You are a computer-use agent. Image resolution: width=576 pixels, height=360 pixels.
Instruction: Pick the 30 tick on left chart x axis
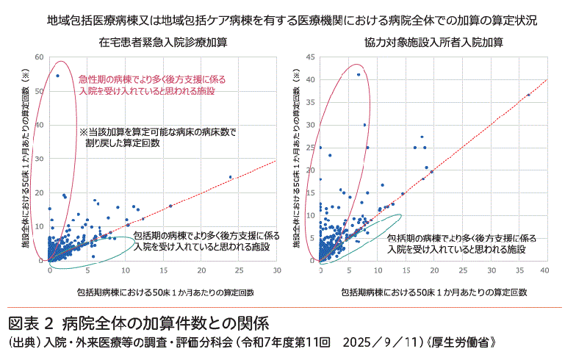(276, 270)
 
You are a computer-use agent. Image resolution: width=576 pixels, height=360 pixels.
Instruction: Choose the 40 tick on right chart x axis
(545, 270)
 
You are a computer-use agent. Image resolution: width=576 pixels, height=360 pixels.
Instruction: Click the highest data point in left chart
(57, 76)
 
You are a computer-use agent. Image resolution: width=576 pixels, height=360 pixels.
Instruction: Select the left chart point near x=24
(230, 177)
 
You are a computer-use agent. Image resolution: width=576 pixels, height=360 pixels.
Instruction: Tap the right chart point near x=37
(528, 95)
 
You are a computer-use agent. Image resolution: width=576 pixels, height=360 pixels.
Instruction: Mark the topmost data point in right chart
(359, 75)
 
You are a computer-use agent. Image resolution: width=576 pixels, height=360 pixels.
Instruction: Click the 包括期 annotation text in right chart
(463, 244)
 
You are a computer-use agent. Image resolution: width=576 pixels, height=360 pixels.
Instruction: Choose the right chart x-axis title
(433, 292)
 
